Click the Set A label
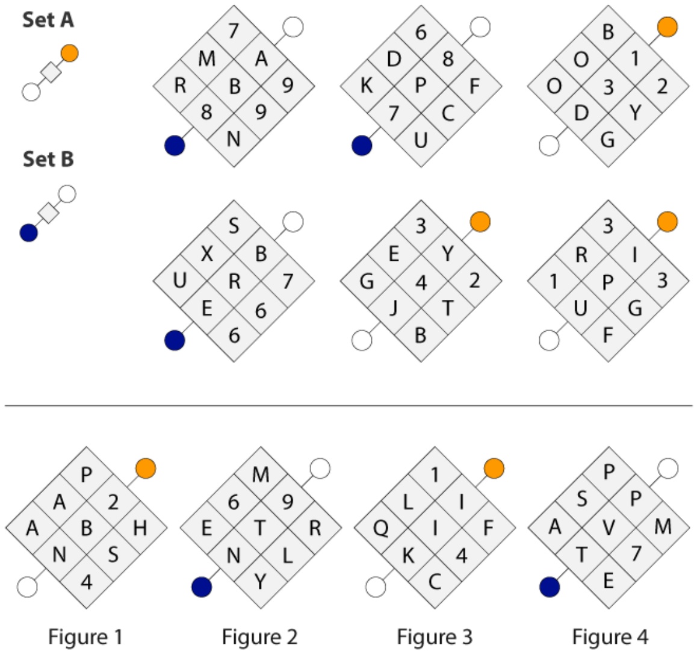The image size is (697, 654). (x=48, y=20)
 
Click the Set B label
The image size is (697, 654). (x=48, y=159)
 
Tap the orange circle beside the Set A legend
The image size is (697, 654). (x=70, y=54)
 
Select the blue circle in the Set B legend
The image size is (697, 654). (x=29, y=232)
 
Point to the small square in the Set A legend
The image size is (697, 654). (x=51, y=72)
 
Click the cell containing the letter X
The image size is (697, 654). (x=207, y=254)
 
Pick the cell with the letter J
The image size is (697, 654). (x=394, y=308)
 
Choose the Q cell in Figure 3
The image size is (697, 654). (x=381, y=528)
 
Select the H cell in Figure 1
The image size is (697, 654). (x=140, y=528)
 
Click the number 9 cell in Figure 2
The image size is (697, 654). (x=288, y=502)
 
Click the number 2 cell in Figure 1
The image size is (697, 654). (x=113, y=502)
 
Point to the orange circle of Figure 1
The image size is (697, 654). (x=146, y=469)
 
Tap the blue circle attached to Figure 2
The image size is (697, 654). (x=202, y=587)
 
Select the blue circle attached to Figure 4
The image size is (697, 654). (x=550, y=587)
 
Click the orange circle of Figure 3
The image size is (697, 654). (x=494, y=469)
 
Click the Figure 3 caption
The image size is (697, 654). (x=435, y=637)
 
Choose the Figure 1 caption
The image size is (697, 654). (x=85, y=637)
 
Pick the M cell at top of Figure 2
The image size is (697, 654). (x=261, y=475)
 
